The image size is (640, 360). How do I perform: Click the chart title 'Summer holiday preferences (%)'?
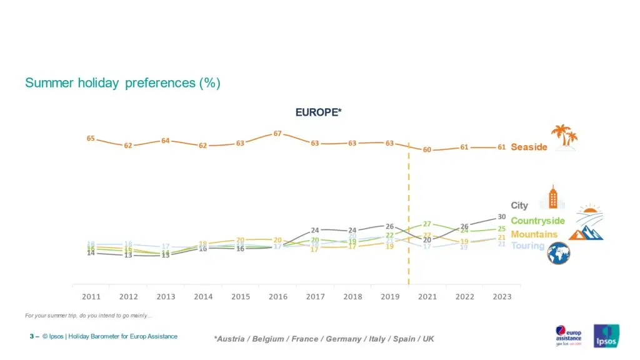coord(122,82)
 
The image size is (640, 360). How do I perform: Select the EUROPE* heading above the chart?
coord(319,112)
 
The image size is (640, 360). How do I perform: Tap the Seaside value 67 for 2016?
coord(277,134)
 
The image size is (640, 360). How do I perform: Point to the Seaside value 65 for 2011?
coord(91,138)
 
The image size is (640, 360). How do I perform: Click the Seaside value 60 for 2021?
coord(427,149)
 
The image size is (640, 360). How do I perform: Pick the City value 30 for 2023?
coord(501,217)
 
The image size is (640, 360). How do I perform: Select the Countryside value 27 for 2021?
coord(427,224)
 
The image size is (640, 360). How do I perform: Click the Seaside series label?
coord(529,147)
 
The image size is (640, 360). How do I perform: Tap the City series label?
coord(519,206)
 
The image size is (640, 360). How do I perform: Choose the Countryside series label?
coord(537,221)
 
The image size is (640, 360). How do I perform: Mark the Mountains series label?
coord(534,234)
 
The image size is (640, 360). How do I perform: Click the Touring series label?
coord(528,246)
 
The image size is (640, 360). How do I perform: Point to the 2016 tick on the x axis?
coord(277,297)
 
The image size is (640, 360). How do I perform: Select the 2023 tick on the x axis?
coord(501,297)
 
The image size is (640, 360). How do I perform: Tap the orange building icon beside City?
coord(552,197)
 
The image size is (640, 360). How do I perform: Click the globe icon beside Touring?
coord(557,253)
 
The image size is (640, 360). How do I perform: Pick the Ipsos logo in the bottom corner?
coord(606,336)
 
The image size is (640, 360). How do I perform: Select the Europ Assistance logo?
coord(568,335)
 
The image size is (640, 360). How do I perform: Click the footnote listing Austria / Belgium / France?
coord(324,339)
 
